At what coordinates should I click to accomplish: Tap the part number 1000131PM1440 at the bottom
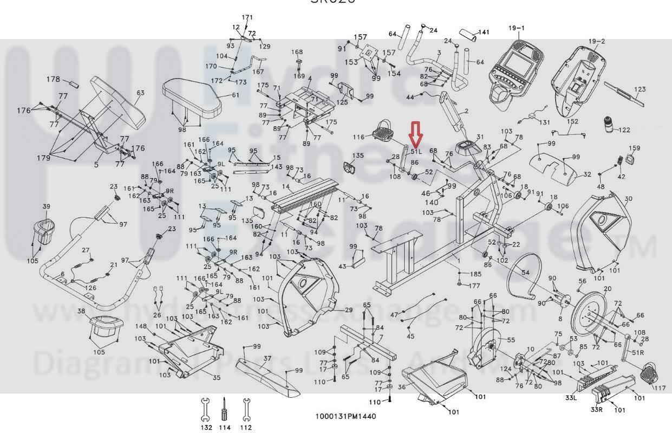tap(345, 416)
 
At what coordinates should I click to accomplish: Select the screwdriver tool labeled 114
tap(224, 409)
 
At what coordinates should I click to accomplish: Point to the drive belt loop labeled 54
tap(524, 276)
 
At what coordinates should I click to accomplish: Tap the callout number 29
tap(349, 310)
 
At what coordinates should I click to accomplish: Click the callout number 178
tap(53, 80)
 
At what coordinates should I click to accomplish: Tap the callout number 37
tap(267, 358)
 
